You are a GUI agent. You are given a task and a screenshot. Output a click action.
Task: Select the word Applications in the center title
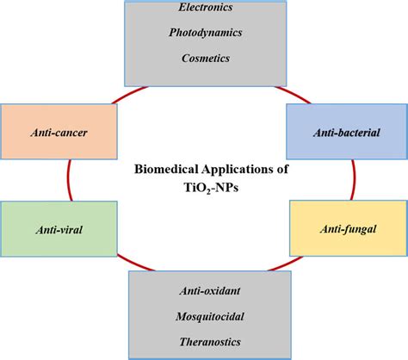(x=233, y=170)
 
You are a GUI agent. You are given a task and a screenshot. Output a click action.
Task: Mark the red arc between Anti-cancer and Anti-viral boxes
(x=68, y=182)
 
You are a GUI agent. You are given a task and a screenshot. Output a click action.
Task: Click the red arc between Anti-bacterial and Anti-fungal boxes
(x=352, y=182)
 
